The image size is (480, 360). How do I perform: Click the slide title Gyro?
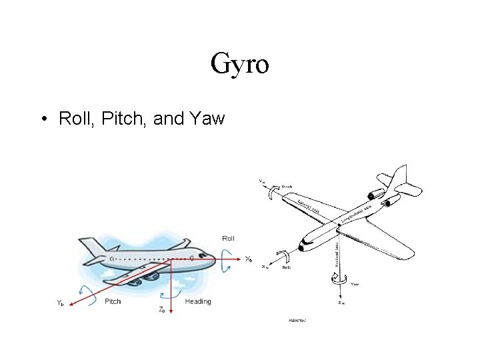(240, 63)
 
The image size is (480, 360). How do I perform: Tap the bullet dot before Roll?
(42, 120)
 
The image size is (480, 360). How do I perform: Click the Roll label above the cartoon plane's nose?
(228, 237)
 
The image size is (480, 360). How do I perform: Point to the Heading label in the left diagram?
(198, 301)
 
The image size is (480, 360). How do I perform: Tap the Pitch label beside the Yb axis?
(113, 301)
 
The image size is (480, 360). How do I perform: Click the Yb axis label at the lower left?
(60, 302)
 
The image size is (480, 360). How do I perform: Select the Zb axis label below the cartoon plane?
(162, 309)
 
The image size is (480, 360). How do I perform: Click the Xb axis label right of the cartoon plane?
(248, 259)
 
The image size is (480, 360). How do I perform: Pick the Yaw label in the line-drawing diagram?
(355, 284)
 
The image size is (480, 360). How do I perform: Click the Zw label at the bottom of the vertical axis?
(341, 303)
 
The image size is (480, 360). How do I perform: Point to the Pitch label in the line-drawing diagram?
(287, 187)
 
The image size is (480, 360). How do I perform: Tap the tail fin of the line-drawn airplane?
(400, 176)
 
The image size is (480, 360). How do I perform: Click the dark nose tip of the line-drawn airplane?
(302, 248)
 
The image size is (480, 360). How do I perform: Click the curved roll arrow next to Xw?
(285, 256)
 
